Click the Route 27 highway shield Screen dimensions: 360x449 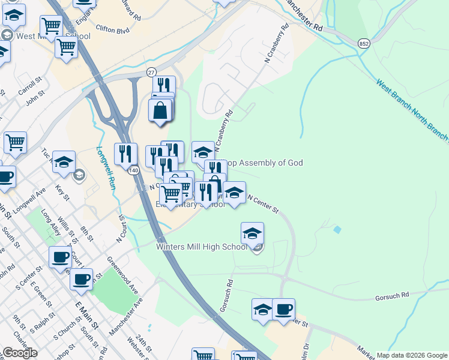click(151, 71)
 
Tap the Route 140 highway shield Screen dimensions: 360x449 click(130, 171)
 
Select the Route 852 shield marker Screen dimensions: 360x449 click(363, 44)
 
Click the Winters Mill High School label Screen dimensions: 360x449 click(201, 247)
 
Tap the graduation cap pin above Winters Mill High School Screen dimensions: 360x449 click(253, 233)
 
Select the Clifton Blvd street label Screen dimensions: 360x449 click(113, 28)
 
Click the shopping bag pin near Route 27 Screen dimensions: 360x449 click(160, 111)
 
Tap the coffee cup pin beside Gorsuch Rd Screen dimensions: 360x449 click(283, 310)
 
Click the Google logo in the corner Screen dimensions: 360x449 click(20, 353)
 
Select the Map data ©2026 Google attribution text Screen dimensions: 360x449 click(411, 355)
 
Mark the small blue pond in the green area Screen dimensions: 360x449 click(337, 229)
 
